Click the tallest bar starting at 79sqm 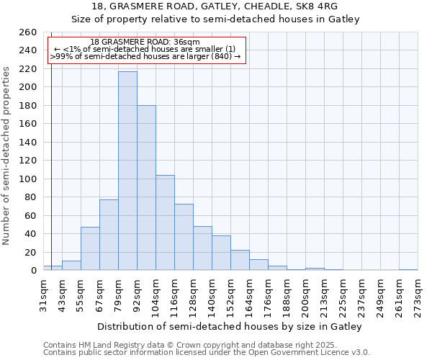pos(127,171)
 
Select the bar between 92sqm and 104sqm pos(146,188)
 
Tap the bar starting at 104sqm pos(165,222)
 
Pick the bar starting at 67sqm pos(109,235)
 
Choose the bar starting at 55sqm pos(90,248)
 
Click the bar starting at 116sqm pos(184,237)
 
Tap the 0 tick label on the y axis pos(34,271)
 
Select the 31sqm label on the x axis pos(43,294)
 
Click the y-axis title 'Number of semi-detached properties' pos(7,155)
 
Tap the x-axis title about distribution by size pos(229,326)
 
